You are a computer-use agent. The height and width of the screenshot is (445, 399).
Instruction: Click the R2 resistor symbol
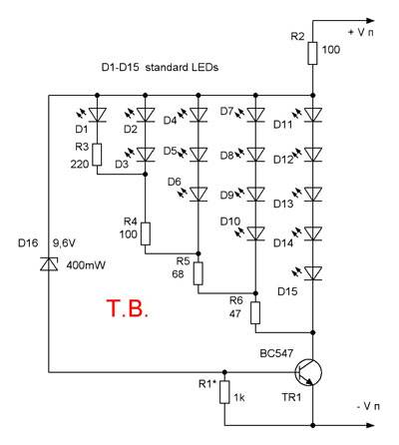pyautogui.click(x=312, y=53)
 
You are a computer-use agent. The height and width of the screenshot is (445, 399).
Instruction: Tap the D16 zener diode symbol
pyautogui.click(x=49, y=264)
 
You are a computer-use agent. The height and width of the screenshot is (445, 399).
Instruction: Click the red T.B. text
pyautogui.click(x=127, y=308)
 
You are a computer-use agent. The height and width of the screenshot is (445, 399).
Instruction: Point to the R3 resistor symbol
pyautogui.click(x=97, y=155)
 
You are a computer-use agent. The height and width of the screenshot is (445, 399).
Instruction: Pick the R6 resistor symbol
pyautogui.click(x=255, y=312)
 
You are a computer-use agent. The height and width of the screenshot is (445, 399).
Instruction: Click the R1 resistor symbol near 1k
pyautogui.click(x=224, y=392)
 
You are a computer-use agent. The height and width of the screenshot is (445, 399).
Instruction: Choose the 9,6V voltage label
pyautogui.click(x=64, y=243)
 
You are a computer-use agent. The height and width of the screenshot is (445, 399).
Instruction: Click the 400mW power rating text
pyautogui.click(x=86, y=265)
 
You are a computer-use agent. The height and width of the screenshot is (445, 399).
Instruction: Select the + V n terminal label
pyautogui.click(x=361, y=33)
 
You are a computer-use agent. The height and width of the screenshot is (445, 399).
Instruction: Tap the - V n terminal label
pyautogui.click(x=368, y=406)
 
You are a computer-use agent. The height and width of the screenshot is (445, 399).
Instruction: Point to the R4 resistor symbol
pyautogui.click(x=146, y=233)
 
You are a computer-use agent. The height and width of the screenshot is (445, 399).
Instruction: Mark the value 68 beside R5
pyautogui.click(x=178, y=274)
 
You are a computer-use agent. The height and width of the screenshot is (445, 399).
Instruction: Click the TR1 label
pyautogui.click(x=291, y=397)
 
